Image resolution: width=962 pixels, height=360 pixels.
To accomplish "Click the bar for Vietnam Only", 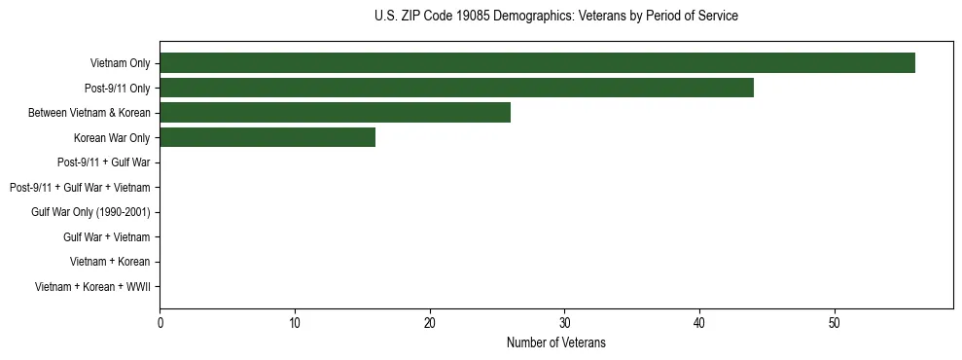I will (x=537, y=63).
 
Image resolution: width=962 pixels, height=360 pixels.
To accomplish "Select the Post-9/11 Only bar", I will (x=456, y=89).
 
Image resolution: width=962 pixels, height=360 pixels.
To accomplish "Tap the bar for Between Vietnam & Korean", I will (x=335, y=113).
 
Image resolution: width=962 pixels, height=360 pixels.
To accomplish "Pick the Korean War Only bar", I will (x=267, y=138).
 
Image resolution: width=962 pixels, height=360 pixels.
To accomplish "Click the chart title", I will (x=555, y=17).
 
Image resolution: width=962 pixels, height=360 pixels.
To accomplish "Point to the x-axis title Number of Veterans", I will (x=555, y=342).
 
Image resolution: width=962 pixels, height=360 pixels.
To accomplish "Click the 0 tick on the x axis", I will (x=160, y=322).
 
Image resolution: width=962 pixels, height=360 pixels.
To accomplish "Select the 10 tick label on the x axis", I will (x=295, y=322).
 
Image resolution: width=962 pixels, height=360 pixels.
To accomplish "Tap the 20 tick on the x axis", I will (x=430, y=322).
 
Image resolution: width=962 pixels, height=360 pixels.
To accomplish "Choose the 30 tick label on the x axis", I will (x=564, y=322).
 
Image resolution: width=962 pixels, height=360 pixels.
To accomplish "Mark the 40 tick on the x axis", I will (x=699, y=322).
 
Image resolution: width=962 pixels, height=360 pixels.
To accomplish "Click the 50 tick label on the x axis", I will (x=835, y=322).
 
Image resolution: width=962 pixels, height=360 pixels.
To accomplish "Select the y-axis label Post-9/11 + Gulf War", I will (x=103, y=162).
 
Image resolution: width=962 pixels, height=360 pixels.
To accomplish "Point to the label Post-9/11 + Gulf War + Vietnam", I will (x=79, y=188).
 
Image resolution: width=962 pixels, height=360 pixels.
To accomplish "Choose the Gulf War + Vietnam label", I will (x=106, y=237).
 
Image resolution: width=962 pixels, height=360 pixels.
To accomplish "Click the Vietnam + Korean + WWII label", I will (x=92, y=287).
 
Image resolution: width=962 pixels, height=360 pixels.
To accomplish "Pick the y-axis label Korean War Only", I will (x=112, y=138).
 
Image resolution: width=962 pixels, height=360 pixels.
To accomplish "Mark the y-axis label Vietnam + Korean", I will (x=110, y=262).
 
